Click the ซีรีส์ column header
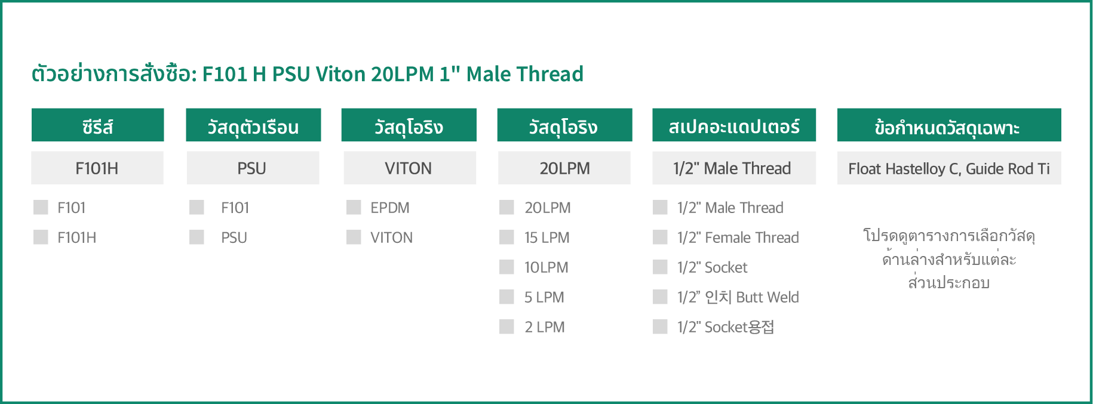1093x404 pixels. [97, 125]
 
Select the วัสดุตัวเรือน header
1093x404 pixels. [253, 125]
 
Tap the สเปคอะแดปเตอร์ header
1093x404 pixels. [734, 125]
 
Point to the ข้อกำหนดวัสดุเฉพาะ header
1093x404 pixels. [949, 125]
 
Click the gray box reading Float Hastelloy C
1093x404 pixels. [949, 168]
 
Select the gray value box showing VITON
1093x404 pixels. [410, 168]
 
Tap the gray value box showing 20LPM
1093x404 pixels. [564, 168]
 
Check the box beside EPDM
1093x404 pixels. [354, 207]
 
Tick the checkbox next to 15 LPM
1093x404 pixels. [506, 237]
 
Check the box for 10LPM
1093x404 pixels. [506, 267]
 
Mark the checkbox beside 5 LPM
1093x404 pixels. [506, 297]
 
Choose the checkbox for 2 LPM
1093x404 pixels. [506, 326]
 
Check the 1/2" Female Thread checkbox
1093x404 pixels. [660, 237]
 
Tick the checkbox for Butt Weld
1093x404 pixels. [660, 297]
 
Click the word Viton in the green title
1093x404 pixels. [340, 74]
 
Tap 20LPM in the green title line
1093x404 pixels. [403, 74]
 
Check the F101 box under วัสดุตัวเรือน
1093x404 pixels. [197, 207]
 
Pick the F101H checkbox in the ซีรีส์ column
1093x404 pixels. [41, 237]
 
